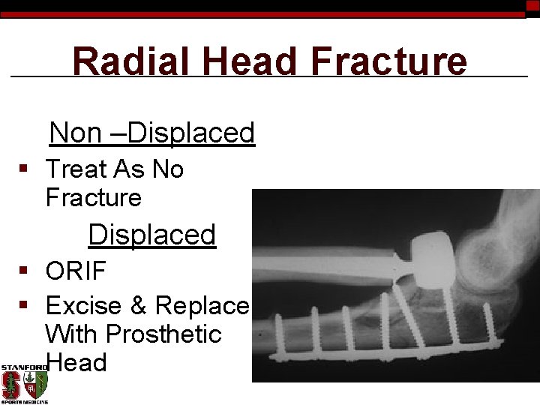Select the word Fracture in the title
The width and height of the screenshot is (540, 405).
388,61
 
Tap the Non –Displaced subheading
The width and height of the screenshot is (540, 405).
152,133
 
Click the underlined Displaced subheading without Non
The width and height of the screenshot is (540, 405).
152,235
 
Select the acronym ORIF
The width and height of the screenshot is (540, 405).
76,270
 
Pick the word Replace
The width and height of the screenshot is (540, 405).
202,306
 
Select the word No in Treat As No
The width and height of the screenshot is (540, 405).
168,169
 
